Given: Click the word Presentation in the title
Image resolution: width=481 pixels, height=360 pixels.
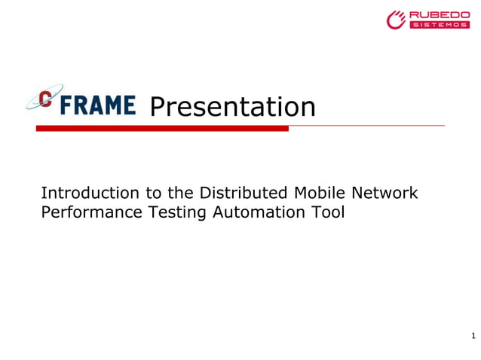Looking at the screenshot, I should click(232, 107).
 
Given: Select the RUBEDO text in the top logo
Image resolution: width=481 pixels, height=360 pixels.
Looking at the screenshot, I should click(440, 15).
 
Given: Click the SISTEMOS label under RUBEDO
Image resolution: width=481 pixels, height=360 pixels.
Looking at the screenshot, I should click(440, 25).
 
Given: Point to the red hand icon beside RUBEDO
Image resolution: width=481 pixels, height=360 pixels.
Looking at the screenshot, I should click(397, 20).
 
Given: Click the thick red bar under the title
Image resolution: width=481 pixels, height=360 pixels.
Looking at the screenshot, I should click(162, 128).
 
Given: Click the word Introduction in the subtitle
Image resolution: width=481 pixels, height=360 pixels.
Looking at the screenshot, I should click(84, 193).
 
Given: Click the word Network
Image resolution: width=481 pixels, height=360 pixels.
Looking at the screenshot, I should click(387, 193).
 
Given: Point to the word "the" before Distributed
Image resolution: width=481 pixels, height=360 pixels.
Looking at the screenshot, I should click(182, 193).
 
